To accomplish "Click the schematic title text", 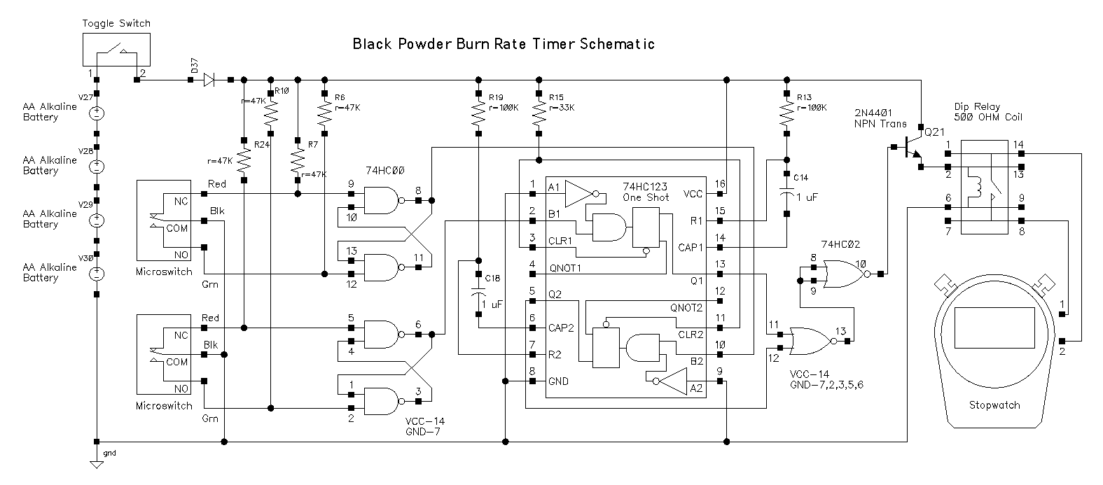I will coord(504,44).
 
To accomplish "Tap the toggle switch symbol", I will coord(117,50).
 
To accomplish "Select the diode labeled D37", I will coord(208,80).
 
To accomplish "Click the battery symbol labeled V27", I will coord(97,113).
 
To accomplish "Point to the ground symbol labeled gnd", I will coord(97,463).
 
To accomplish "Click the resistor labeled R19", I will coord(478,113).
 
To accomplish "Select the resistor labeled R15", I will coord(538,113).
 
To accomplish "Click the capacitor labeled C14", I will coord(786,193).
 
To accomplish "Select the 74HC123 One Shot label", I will coord(646,191).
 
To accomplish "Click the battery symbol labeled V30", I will coord(97,274).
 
